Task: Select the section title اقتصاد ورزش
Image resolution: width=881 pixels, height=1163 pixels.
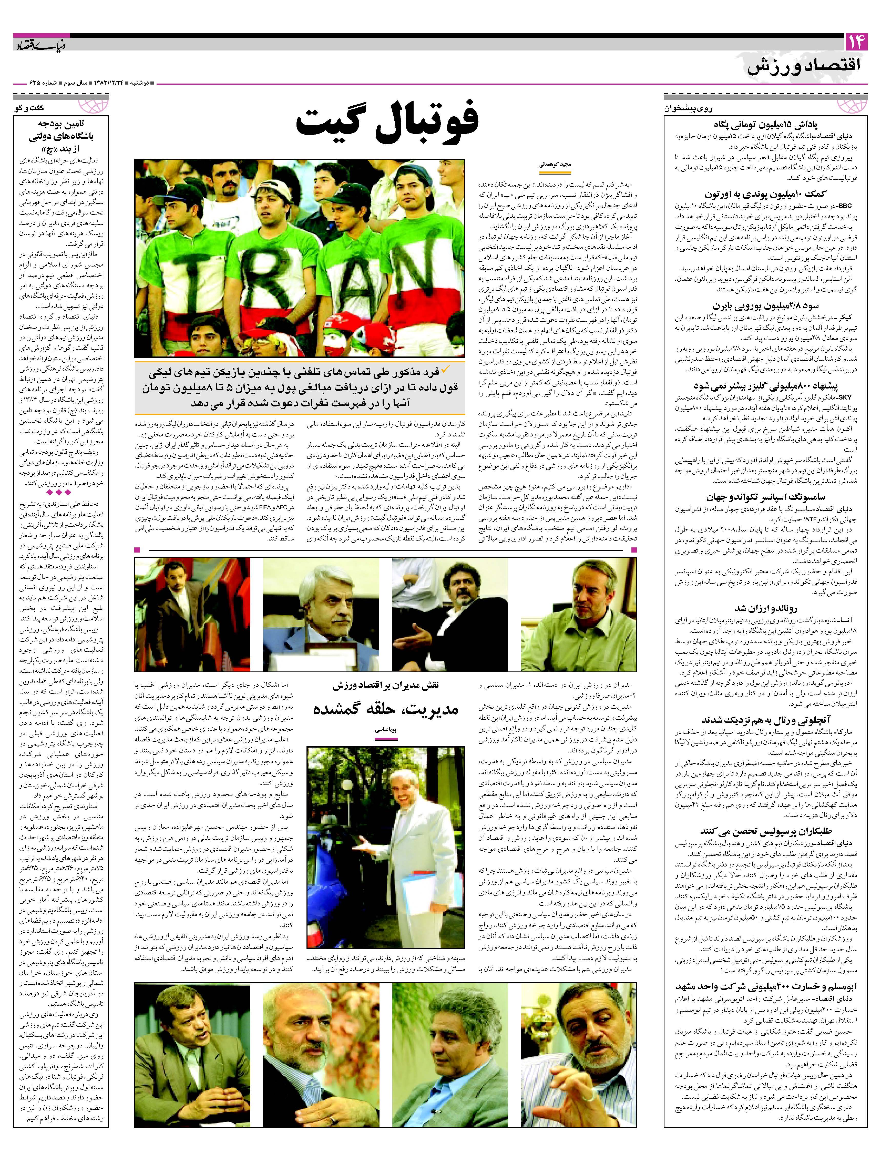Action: tap(804, 67)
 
